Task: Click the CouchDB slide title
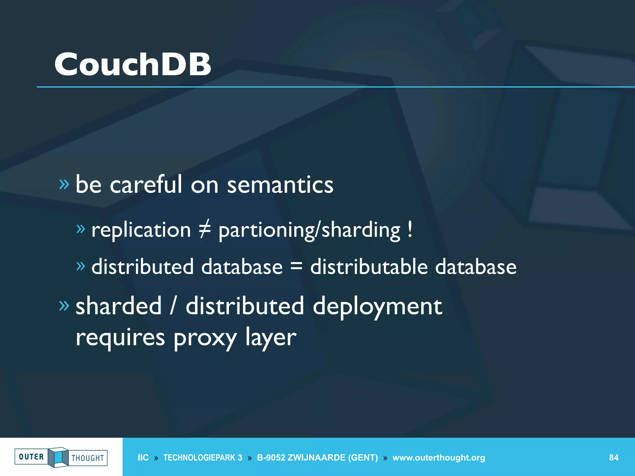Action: [x=133, y=64]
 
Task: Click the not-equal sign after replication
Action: [x=205, y=229]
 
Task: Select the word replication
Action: [x=141, y=230]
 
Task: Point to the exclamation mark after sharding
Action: [x=410, y=229]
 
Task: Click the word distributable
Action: [x=369, y=267]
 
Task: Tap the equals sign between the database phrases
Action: [x=296, y=266]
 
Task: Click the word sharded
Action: [x=119, y=306]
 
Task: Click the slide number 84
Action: [x=614, y=458]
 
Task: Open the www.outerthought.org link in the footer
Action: [x=438, y=458]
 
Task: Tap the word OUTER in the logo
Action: [x=31, y=457]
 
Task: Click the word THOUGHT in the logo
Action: [x=88, y=458]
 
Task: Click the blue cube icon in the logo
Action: [x=58, y=457]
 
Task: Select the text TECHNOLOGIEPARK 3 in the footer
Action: [x=202, y=458]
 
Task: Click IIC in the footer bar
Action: [x=143, y=458]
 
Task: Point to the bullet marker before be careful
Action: [x=64, y=184]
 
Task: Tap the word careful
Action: [x=146, y=184]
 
